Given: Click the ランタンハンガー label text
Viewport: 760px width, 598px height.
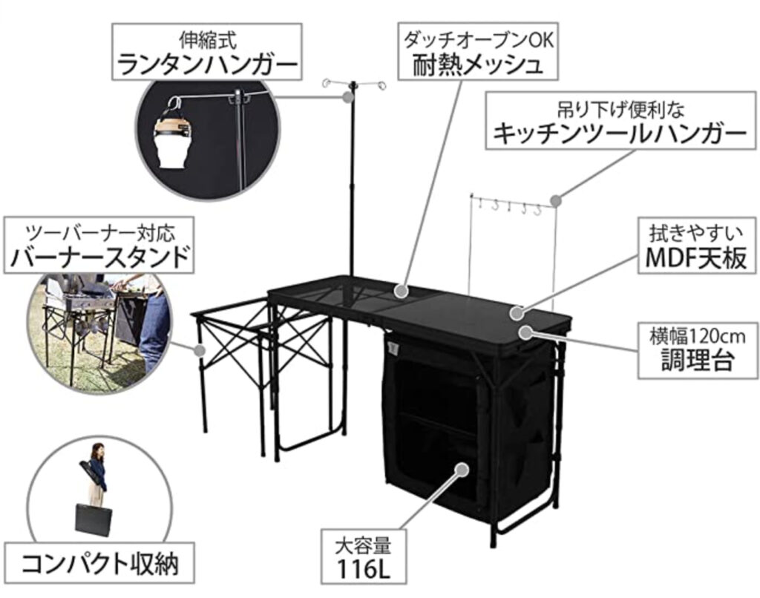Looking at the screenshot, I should (x=207, y=65).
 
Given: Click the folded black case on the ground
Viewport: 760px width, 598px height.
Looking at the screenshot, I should (x=93, y=521).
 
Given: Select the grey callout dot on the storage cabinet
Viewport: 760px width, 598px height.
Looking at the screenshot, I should (x=462, y=469).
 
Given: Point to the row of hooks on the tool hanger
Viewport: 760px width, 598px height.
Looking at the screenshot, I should (x=512, y=203).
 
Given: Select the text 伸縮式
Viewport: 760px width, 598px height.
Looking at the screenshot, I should (x=208, y=36).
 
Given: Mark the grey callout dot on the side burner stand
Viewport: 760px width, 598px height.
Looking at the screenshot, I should (x=199, y=349).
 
